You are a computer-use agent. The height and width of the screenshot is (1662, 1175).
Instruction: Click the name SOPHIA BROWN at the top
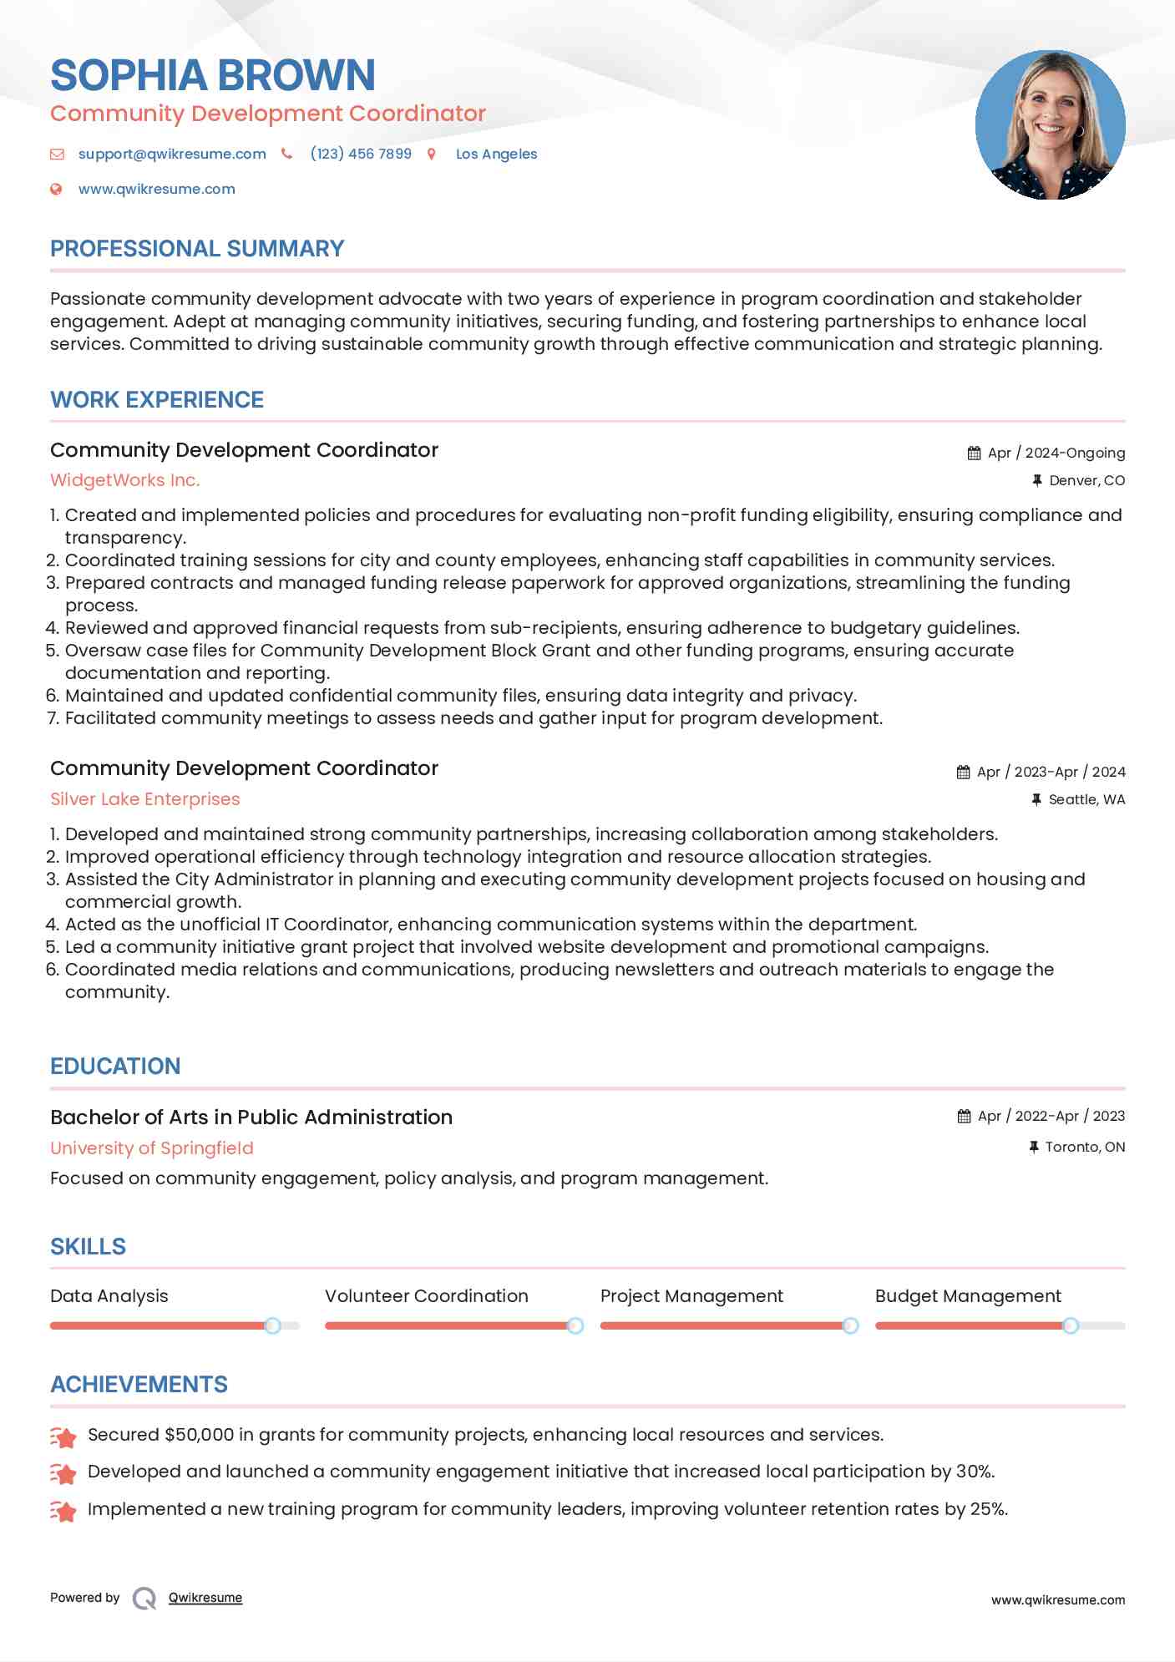pos(213,75)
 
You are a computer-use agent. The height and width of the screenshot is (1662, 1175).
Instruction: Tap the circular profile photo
pos(1050,125)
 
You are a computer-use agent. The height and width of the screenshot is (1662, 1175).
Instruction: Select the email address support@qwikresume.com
pos(172,154)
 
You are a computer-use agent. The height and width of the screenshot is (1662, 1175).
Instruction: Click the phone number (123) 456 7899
pos(361,154)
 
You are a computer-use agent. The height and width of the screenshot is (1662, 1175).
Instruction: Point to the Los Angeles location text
pos(496,154)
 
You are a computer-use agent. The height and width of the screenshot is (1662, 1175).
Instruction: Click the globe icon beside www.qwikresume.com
pos(57,189)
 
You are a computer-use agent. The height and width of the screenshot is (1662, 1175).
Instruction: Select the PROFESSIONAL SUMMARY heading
pos(197,249)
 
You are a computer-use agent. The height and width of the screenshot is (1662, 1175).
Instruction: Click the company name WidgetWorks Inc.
pos(125,480)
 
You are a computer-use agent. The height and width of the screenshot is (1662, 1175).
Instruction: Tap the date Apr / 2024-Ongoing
pos(1056,453)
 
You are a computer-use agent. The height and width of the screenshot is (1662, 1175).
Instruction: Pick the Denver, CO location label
pos(1086,480)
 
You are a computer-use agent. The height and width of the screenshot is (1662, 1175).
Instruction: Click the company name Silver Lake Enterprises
pos(145,799)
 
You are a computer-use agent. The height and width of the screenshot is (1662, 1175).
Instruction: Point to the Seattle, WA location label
pos(1086,799)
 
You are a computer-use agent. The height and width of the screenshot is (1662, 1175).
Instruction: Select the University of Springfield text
pos(152,1148)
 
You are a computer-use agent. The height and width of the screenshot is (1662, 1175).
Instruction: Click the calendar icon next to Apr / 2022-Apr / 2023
pos(965,1117)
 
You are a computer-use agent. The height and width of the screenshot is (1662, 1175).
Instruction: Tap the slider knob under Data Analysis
pos(272,1325)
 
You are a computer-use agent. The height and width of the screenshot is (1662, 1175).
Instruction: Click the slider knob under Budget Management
pos(1071,1325)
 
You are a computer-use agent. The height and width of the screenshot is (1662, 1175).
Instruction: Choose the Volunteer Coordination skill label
pos(427,1296)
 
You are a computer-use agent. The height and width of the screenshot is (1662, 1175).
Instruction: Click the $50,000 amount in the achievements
pos(200,1435)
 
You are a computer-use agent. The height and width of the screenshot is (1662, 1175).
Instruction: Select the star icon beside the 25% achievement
pos(63,1511)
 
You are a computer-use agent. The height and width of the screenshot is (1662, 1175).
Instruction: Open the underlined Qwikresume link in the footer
pos(205,1598)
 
